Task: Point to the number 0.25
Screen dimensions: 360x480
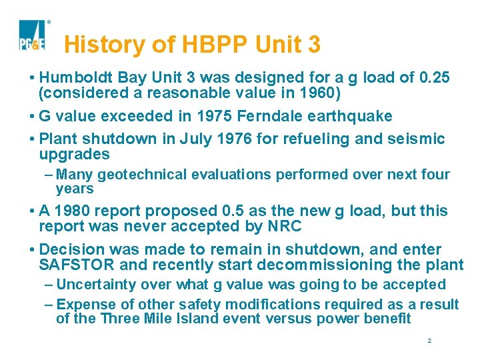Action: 434,78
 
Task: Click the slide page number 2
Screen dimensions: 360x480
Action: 429,341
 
